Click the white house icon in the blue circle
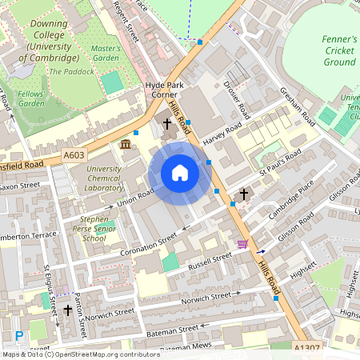click(x=180, y=173)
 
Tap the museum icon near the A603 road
click(x=126, y=144)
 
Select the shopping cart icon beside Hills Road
click(x=242, y=243)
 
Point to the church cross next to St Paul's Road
click(x=244, y=194)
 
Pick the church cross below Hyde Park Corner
click(x=167, y=124)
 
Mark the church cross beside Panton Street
click(x=68, y=310)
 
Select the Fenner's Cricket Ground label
click(x=339, y=50)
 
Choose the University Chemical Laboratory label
click(x=104, y=178)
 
